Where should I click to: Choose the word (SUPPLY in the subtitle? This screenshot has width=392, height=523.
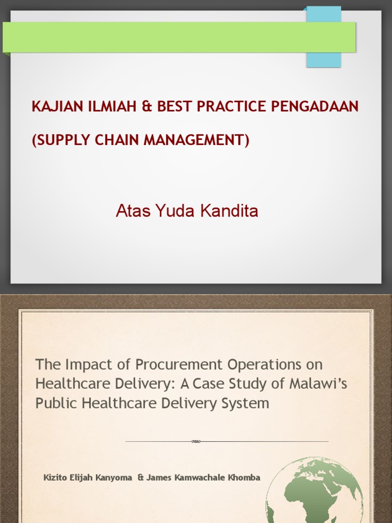[x=56, y=139]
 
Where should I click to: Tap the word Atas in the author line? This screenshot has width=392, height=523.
[x=130, y=210]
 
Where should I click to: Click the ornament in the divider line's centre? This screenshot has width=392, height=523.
[x=196, y=441]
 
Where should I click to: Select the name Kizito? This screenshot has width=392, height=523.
[x=55, y=478]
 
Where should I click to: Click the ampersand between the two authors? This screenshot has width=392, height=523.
[x=140, y=478]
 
